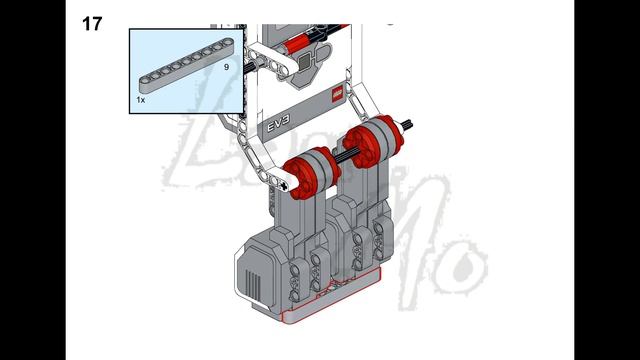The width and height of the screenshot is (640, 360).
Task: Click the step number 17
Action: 91,23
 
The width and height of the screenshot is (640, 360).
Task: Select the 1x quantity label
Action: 141,101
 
